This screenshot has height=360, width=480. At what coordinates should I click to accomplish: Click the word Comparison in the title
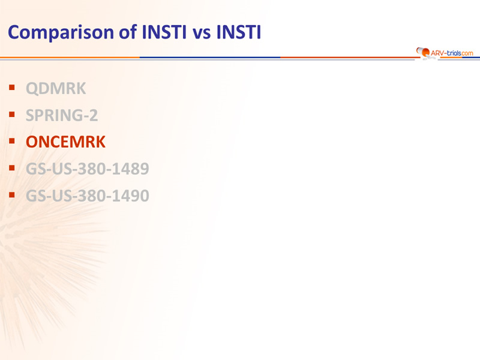tap(61, 32)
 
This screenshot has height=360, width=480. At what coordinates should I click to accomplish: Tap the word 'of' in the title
tap(128, 32)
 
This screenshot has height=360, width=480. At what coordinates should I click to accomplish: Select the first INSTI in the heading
tap(164, 32)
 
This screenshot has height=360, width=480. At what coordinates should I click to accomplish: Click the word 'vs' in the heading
tap(202, 34)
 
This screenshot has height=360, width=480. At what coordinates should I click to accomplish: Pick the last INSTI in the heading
tap(239, 32)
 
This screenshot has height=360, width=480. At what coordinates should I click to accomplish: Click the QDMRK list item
tap(56, 88)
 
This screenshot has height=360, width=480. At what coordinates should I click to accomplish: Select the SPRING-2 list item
tap(62, 115)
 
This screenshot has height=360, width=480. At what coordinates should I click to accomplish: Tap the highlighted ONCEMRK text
tap(65, 142)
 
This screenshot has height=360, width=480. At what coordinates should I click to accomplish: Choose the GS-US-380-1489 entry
tap(88, 169)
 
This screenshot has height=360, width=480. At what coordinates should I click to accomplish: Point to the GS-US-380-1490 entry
tap(88, 196)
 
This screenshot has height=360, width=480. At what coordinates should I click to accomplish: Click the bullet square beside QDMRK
tap(12, 88)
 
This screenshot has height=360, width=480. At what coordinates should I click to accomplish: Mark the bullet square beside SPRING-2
tap(12, 115)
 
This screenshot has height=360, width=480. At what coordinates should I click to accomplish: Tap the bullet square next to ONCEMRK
tap(12, 141)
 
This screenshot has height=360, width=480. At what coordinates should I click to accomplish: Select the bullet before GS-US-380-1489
tap(12, 168)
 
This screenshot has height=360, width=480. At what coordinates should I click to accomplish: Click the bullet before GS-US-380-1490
tap(12, 194)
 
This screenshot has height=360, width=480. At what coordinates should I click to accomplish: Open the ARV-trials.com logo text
tap(452, 53)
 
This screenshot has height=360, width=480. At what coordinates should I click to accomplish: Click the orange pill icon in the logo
tap(423, 52)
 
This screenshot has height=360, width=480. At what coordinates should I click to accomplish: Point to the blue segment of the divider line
tap(210, 57)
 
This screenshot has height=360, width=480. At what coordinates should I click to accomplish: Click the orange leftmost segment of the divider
tap(70, 57)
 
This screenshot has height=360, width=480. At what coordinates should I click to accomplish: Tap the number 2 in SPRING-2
tap(94, 115)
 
